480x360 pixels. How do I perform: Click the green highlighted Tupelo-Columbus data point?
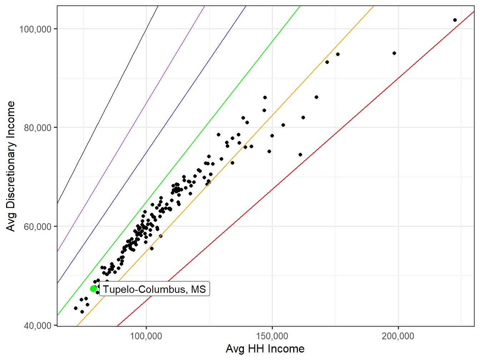[94, 289]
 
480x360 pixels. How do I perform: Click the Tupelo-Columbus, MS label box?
[154, 289]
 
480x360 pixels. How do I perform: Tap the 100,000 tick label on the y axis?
[35, 29]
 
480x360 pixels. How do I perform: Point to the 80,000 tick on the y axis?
[38, 127]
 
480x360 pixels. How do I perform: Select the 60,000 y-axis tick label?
[38, 226]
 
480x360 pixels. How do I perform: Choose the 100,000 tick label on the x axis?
[146, 336]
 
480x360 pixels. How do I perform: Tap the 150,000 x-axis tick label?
[272, 336]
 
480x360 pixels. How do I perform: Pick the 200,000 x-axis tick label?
[398, 336]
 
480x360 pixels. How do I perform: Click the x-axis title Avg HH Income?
[265, 349]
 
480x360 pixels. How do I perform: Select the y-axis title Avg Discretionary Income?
[11, 166]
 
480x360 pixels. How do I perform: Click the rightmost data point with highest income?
[455, 20]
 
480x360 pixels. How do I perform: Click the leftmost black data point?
[76, 308]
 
